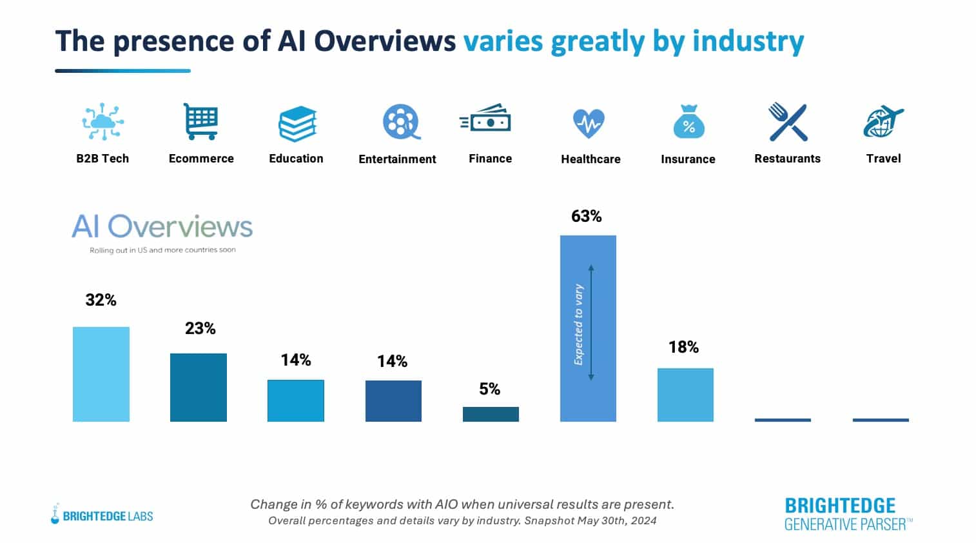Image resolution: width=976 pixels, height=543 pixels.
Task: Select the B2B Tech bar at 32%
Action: coord(101,374)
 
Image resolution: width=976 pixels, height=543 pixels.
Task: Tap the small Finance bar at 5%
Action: coord(491,414)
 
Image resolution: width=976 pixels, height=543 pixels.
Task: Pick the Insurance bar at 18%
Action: coord(685,395)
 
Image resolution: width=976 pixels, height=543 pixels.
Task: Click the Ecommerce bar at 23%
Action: coord(198,387)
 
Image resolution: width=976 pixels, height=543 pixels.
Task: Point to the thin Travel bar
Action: coord(881,420)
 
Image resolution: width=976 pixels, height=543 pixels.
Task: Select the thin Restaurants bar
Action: coord(783,420)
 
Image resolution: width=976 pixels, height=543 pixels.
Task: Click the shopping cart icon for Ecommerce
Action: coord(200,121)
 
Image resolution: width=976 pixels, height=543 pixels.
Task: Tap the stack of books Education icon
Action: coord(297,123)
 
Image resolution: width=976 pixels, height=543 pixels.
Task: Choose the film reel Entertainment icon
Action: coord(400,122)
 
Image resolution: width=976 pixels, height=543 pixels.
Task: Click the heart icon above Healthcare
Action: coord(589,123)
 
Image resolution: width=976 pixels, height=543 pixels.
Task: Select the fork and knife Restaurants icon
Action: coord(788,122)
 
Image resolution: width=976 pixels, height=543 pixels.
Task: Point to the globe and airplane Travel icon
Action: coord(883,122)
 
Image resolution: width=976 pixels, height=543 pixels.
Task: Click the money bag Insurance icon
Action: coord(688,122)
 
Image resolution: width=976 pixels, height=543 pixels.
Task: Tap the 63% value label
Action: coord(586,216)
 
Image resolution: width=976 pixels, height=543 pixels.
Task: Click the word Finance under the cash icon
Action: coord(490,159)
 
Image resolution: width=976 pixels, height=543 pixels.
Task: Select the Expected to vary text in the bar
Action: coord(578,324)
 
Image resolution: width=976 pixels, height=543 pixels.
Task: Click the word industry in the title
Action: coord(748,41)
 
